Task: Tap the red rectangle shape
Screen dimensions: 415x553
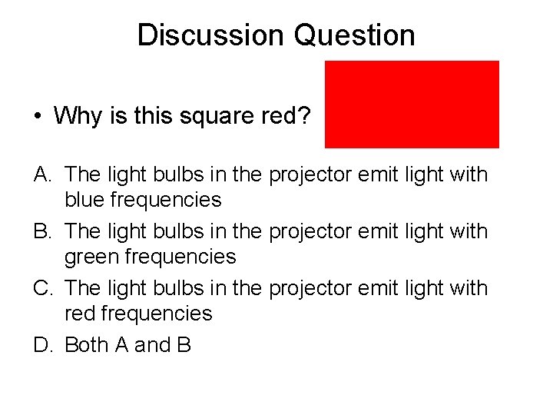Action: [412, 104]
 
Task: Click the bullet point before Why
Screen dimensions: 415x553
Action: [38, 117]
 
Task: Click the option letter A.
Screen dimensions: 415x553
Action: [42, 174]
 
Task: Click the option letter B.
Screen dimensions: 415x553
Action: [42, 231]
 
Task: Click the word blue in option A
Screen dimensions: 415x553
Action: [85, 200]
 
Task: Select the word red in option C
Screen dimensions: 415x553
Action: [81, 314]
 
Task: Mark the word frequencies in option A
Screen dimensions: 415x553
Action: [166, 200]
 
